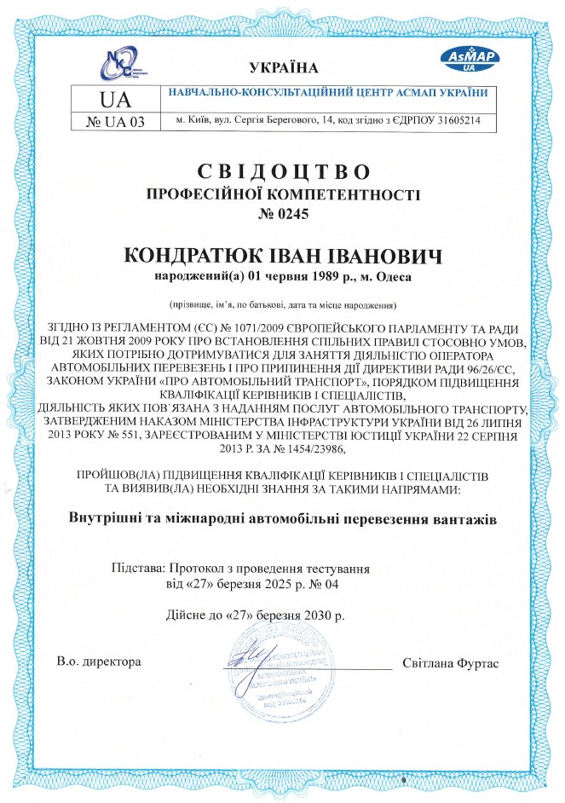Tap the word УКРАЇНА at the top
coord(284,67)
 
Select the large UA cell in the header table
coord(116,98)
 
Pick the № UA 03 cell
coord(116,122)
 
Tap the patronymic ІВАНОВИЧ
coord(379,257)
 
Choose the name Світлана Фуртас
coord(449,662)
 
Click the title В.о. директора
coord(98,662)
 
